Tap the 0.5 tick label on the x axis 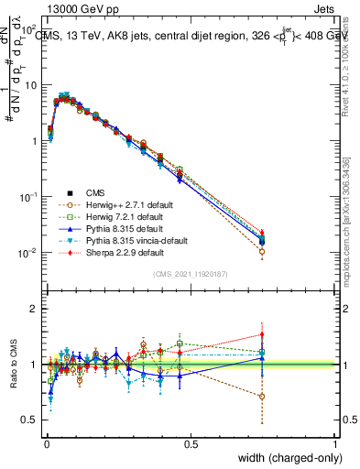(x=191, y=444)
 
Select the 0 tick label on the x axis (x=47, y=444)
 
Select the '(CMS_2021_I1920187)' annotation (x=191, y=275)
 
